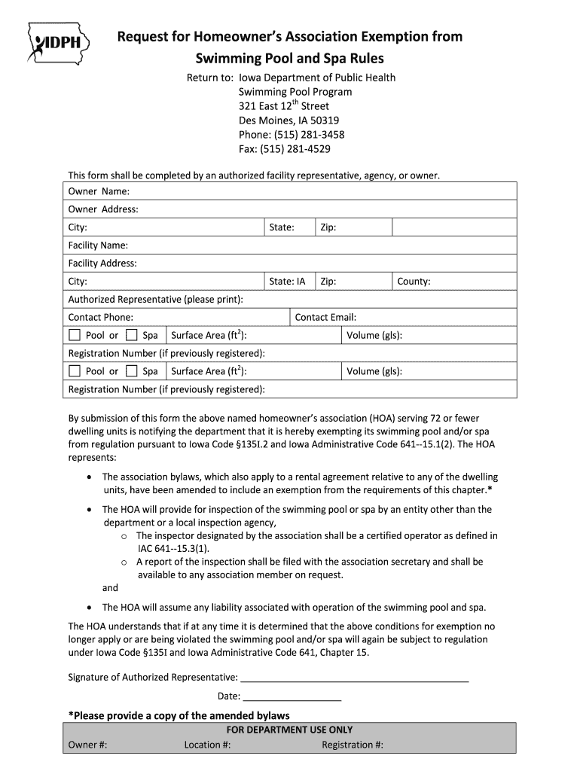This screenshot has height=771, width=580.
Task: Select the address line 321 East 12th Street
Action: click(283, 106)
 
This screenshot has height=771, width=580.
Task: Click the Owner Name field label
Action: click(99, 191)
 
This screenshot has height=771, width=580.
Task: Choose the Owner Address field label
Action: click(103, 209)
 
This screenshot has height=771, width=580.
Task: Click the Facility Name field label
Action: click(98, 245)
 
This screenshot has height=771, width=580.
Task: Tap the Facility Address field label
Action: click(102, 264)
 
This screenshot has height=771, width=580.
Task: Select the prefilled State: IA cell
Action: click(288, 282)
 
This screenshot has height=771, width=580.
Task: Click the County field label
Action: click(414, 282)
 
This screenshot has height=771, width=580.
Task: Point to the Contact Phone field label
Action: click(100, 318)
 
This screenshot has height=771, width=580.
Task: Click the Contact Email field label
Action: click(325, 318)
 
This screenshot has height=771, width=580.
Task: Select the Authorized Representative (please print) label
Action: click(155, 300)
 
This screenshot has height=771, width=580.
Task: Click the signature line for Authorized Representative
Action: click(354, 678)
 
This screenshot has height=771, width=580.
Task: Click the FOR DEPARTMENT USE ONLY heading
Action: click(289, 730)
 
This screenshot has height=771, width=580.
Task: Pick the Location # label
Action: click(207, 745)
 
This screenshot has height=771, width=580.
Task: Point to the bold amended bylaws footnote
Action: click(179, 715)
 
